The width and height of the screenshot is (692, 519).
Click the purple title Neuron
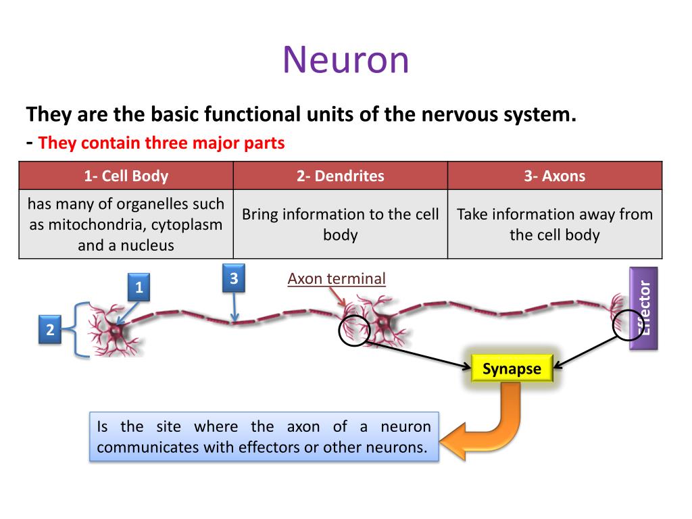pyautogui.click(x=346, y=60)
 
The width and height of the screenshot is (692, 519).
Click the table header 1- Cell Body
pyautogui.click(x=126, y=176)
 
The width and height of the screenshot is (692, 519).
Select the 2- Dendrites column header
pyautogui.click(x=341, y=176)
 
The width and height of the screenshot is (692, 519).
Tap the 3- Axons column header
pyautogui.click(x=555, y=176)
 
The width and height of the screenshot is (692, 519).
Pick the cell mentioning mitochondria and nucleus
pyautogui.click(x=126, y=224)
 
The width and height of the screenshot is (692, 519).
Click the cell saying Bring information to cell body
pyautogui.click(x=341, y=224)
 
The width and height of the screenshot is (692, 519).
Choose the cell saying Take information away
pyautogui.click(x=555, y=224)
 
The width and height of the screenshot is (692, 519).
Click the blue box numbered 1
pyautogui.click(x=139, y=287)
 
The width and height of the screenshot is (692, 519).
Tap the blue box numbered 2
pyautogui.click(x=50, y=329)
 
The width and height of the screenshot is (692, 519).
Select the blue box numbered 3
pyautogui.click(x=233, y=278)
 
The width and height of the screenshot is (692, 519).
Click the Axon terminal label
pyautogui.click(x=337, y=278)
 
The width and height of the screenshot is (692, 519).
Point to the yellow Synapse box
pyautogui.click(x=512, y=368)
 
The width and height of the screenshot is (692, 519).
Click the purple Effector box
pyautogui.click(x=643, y=308)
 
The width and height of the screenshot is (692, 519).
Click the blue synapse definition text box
pyautogui.click(x=264, y=437)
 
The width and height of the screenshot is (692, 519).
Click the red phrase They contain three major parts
pyautogui.click(x=162, y=143)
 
